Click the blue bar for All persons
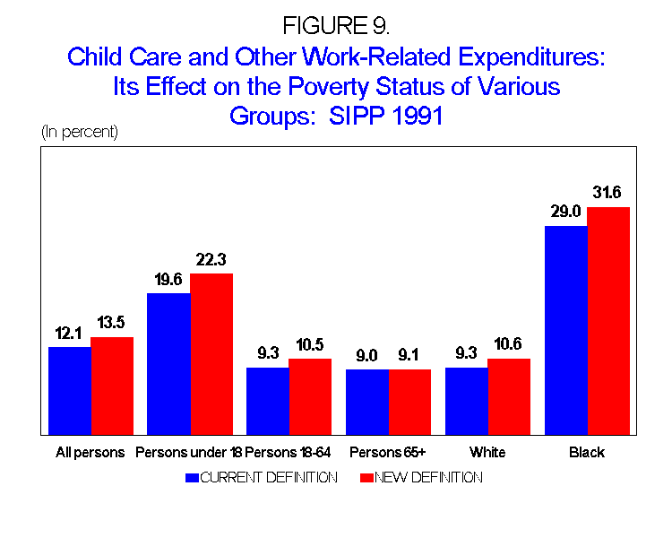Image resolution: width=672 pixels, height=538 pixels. pos(69,390)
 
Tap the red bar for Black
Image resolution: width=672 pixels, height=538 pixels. pos(608,321)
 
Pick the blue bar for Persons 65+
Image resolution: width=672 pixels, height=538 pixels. pos(367,402)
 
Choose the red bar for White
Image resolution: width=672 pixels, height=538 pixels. pos(509,396)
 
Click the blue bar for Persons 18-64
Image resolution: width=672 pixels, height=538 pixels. pos(267,401)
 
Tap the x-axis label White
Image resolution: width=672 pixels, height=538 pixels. pos(487,452)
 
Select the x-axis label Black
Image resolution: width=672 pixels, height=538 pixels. pos(587,452)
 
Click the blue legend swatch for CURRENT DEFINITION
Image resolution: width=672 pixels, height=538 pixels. pos(192,478)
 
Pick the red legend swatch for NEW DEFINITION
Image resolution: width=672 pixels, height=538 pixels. pos(364,478)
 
